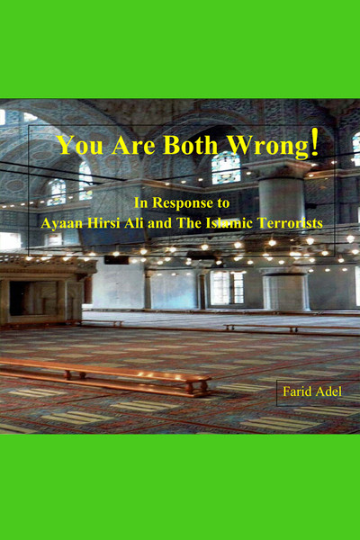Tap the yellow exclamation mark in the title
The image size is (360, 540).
coord(313,144)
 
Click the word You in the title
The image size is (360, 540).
coord(77,146)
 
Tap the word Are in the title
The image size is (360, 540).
coord(134,146)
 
